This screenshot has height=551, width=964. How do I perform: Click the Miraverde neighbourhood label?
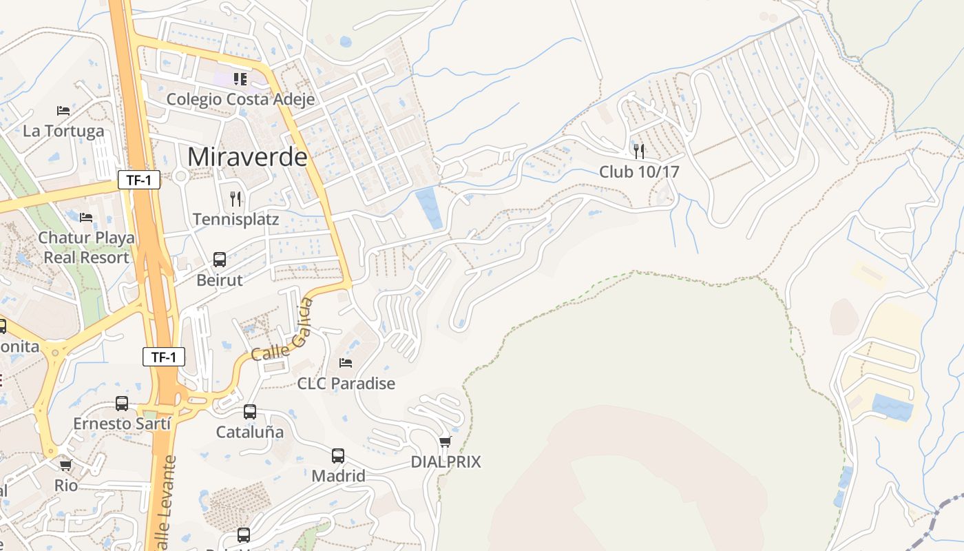pyautogui.click(x=247, y=157)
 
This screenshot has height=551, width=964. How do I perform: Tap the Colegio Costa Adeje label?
pyautogui.click(x=240, y=99)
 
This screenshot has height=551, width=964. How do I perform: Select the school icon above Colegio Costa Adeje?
pyautogui.click(x=240, y=79)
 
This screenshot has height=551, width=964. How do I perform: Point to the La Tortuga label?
pyautogui.click(x=63, y=131)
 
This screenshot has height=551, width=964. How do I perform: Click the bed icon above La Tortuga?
pyautogui.click(x=63, y=110)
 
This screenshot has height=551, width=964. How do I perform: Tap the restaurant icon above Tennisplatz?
pyautogui.click(x=236, y=199)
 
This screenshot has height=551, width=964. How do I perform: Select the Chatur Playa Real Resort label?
pyautogui.click(x=87, y=247)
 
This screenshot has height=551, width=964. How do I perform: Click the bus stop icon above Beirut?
pyautogui.click(x=220, y=260)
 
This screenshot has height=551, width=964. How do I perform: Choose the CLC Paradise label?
pyautogui.click(x=346, y=384)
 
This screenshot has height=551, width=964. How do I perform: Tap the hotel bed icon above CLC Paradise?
pyautogui.click(x=346, y=362)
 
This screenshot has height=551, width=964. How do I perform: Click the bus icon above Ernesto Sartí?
pyautogui.click(x=122, y=403)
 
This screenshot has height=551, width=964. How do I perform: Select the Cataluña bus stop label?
pyautogui.click(x=250, y=433)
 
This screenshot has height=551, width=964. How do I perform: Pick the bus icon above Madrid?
pyautogui.click(x=338, y=455)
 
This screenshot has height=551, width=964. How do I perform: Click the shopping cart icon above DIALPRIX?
pyautogui.click(x=446, y=441)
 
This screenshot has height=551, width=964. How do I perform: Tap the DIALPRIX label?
pyautogui.click(x=446, y=462)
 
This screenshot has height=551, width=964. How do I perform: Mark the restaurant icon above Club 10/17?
pyautogui.click(x=639, y=151)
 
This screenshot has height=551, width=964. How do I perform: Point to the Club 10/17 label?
pyautogui.click(x=639, y=171)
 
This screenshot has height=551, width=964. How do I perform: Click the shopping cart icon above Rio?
pyautogui.click(x=66, y=466)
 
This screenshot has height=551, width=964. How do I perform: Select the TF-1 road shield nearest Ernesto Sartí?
pyautogui.click(x=164, y=357)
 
